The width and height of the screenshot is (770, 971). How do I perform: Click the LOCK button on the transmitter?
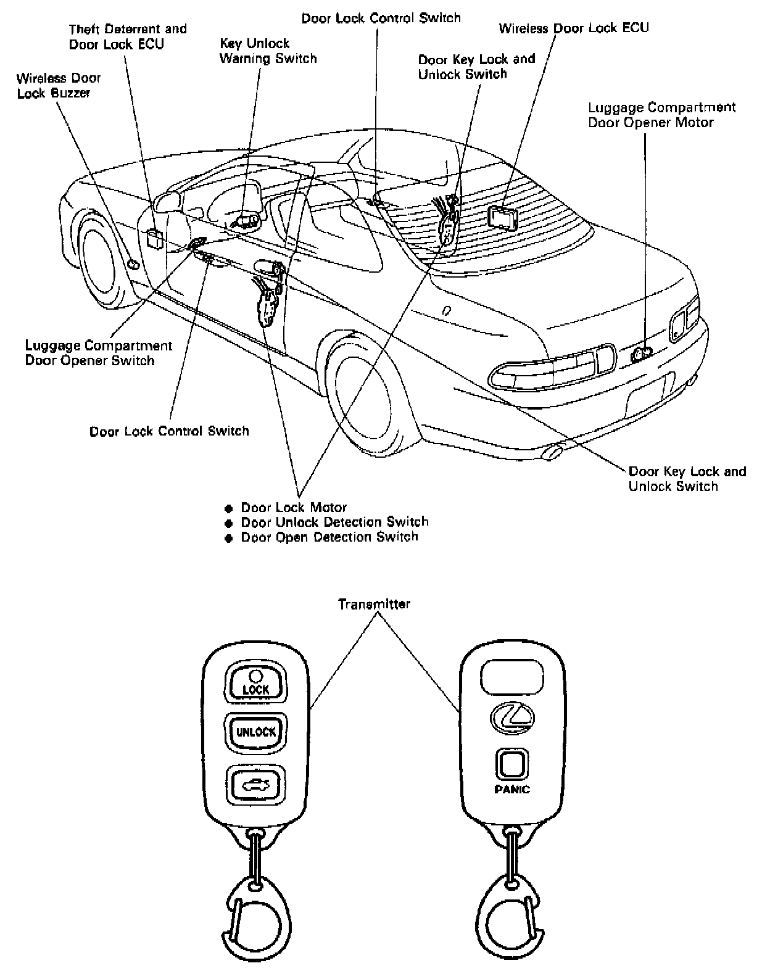255,683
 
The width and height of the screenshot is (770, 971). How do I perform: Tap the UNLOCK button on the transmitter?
255,732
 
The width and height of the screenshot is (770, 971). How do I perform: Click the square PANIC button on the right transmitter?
512,765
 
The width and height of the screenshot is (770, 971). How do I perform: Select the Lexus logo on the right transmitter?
512,717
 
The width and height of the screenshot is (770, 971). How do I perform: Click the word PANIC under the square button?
512,789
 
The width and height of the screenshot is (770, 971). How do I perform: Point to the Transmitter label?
374,604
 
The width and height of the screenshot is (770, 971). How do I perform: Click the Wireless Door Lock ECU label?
574,28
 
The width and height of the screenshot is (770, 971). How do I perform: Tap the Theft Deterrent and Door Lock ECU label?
127,36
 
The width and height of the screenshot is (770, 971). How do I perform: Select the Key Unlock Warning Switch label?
268,51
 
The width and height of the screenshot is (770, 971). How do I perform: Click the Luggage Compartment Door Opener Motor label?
661,115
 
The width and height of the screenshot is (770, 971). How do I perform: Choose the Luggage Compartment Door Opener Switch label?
99,353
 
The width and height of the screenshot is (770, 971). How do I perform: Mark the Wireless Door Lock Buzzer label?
59,86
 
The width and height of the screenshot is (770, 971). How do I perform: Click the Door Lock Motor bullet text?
294,508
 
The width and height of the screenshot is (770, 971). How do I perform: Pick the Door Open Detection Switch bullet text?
329,537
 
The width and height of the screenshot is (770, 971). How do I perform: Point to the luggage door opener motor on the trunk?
642,353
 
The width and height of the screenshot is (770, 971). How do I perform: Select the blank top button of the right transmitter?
512,676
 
